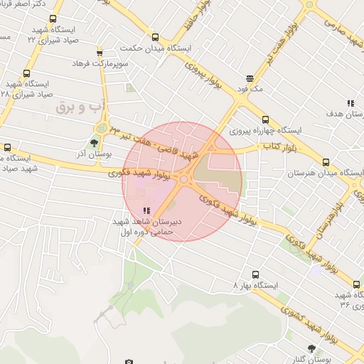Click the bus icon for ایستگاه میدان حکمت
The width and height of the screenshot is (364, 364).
coord(155,37)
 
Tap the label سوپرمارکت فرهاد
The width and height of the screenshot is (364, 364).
coord(100,64)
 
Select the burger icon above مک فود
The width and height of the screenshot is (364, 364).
coord(250,79)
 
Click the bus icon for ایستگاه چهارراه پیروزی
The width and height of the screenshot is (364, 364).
coord(265,119)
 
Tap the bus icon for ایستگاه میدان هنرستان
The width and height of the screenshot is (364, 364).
coord(326,162)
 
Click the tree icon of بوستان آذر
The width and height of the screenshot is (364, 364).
coord(95,144)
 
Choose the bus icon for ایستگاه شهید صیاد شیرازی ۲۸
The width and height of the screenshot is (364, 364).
coord(27,74)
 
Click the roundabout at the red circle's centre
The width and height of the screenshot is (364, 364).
coord(184,180)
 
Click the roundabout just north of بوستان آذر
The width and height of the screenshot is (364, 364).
coord(102,129)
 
